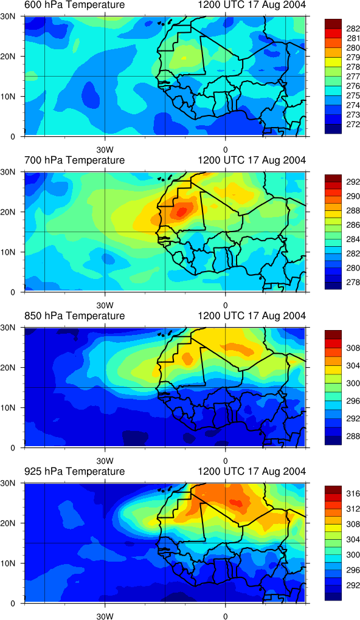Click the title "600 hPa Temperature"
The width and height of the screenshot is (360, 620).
coord(74,5)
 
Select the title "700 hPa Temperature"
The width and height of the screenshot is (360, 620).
coord(74,160)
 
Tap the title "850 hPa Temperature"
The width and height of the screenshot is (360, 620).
coord(74,316)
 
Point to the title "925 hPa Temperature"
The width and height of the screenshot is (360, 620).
coord(74,472)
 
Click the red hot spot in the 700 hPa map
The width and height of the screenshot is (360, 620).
coord(181,212)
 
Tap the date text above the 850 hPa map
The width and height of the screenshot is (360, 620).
coord(252,316)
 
